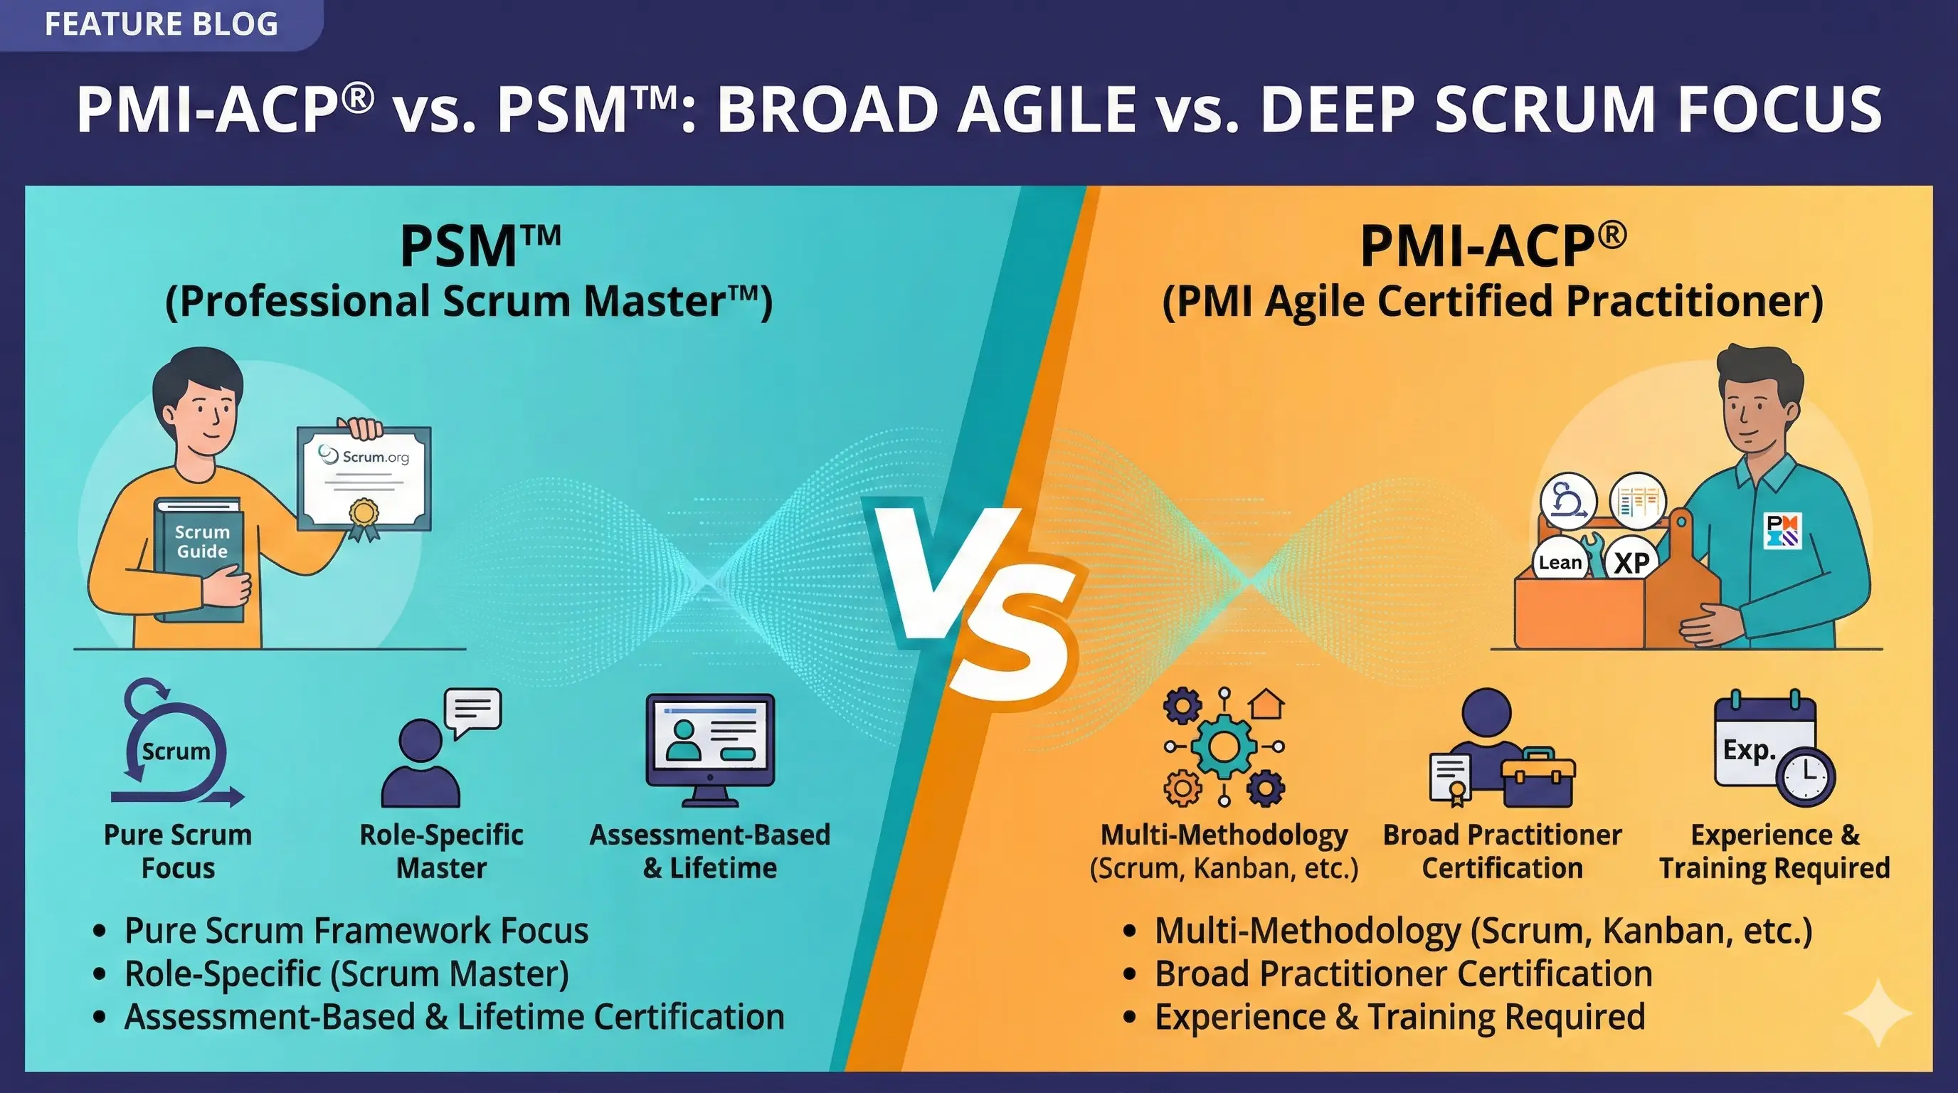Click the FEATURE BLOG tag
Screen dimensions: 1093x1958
(x=160, y=24)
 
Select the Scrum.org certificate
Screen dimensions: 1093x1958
(x=365, y=477)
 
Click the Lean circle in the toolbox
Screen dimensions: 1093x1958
(x=1560, y=562)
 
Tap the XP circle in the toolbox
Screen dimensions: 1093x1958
(x=1631, y=562)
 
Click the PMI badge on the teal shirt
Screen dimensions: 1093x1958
(x=1782, y=531)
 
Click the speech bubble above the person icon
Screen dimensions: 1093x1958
(x=472, y=712)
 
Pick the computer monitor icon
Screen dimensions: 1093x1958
(x=710, y=748)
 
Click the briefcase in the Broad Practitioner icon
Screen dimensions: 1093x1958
(x=1537, y=778)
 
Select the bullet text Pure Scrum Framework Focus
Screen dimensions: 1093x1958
(x=356, y=931)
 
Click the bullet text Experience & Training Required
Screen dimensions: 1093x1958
(x=1399, y=1017)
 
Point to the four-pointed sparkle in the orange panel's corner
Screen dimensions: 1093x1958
(x=1878, y=1013)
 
